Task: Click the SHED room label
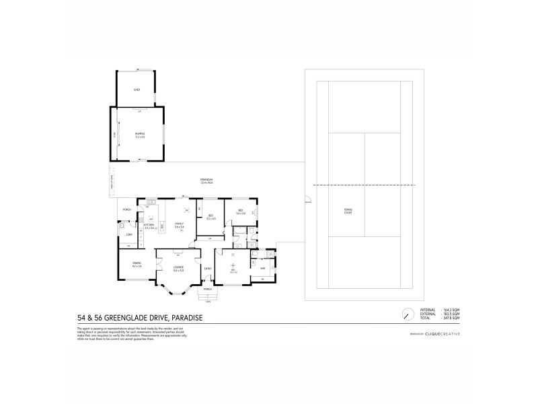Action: coord(137,89)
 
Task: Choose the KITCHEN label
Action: coord(149,226)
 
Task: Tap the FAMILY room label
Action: coord(180,224)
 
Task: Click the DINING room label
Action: coord(137,263)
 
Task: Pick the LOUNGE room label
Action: coord(178,269)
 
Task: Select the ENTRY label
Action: coord(208,269)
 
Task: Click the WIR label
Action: coord(262,269)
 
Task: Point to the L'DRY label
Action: coord(127,234)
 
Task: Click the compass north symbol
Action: coord(408,314)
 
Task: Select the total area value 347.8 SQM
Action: coord(451,318)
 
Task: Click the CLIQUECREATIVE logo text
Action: coord(440,334)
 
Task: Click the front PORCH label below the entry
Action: coord(207,289)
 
